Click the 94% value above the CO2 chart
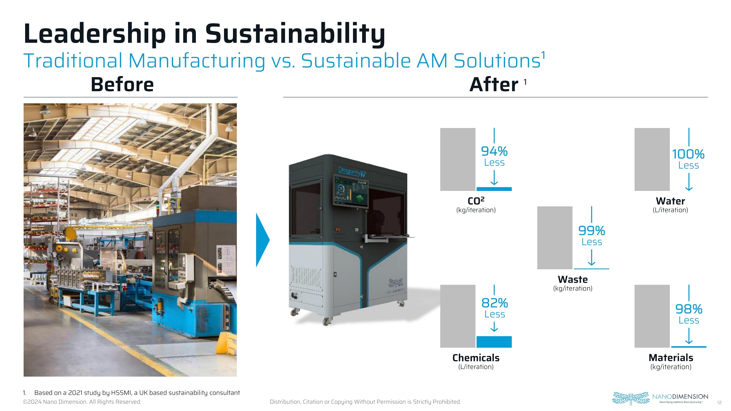pos(494,151)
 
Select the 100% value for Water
pos(688,154)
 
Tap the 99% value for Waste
pos(592,231)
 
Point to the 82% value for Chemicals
pos(494,303)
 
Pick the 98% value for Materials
pos(689,309)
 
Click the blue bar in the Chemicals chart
pos(494,342)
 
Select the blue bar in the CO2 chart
pos(494,189)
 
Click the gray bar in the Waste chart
pos(555,238)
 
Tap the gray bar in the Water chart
pos(652,159)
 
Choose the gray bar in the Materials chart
pos(652,316)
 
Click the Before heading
pos(122,84)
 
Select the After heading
pos(494,84)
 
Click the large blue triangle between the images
pos(263,240)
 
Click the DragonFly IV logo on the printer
pos(352,172)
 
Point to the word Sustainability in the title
pos(295,34)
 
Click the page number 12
pos(719,403)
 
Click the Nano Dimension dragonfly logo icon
pos(631,398)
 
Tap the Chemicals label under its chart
pos(476,358)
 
